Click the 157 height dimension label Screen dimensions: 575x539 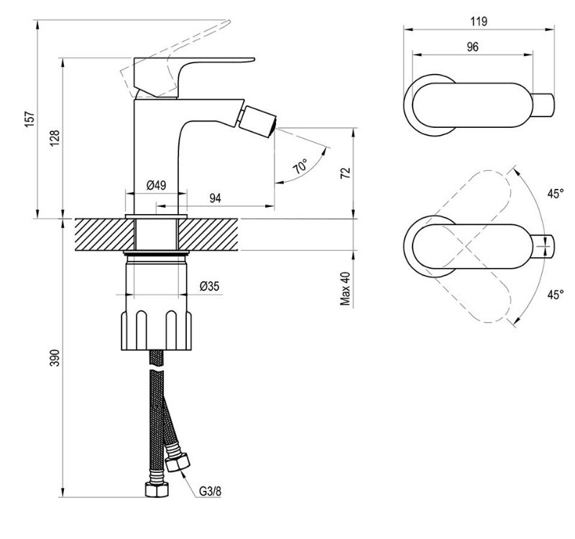[30, 119]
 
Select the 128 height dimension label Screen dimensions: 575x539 [55, 138]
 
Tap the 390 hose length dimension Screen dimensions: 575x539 [55, 357]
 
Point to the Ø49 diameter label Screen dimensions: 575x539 [156, 185]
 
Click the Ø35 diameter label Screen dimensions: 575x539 [210, 286]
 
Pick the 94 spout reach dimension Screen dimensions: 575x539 [215, 198]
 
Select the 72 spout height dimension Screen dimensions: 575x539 [346, 172]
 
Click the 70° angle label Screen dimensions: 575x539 [300, 167]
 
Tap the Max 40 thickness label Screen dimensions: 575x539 [346, 289]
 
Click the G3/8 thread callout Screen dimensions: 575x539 [211, 491]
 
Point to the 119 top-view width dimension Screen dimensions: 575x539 [479, 22]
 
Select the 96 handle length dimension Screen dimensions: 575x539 [472, 47]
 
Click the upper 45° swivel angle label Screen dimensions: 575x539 [556, 193]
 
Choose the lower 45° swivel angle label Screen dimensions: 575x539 [556, 295]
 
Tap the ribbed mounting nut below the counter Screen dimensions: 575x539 [157, 330]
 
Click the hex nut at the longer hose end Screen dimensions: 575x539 [157, 489]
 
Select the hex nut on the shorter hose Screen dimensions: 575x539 [178, 462]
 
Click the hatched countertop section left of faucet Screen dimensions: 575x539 [105, 235]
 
